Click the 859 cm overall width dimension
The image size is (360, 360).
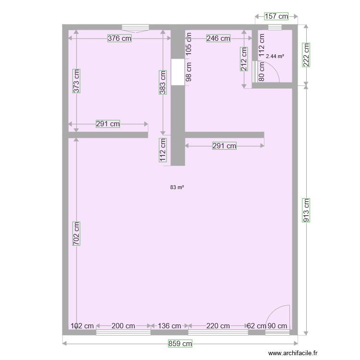(180, 344)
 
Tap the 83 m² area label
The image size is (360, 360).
(177, 187)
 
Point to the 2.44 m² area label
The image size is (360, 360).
(275, 56)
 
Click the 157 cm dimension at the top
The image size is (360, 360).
(276, 16)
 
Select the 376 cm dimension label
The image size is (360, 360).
(119, 39)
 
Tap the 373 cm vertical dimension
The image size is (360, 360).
(76, 81)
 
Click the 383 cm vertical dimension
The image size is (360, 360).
(163, 82)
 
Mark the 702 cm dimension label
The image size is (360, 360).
(76, 234)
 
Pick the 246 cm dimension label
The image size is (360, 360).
(218, 39)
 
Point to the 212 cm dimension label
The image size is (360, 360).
(244, 59)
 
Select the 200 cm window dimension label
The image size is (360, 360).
(123, 326)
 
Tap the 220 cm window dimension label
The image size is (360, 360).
(218, 326)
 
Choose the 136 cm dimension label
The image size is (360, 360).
(169, 326)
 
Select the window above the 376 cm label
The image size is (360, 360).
(135, 28)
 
